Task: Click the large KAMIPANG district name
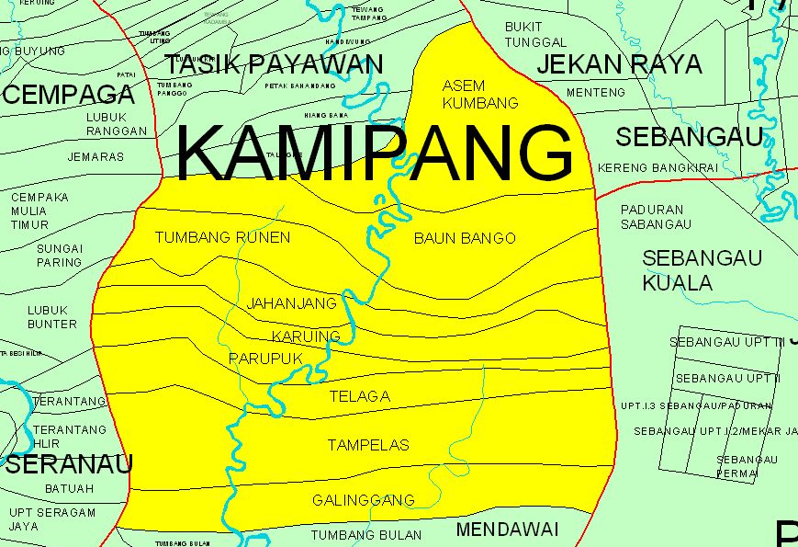tap(374, 152)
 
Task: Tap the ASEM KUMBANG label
tap(479, 94)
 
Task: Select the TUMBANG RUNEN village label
tap(222, 237)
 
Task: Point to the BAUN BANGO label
tap(465, 238)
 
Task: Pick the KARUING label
tap(306, 336)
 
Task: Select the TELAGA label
tap(359, 396)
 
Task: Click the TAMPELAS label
tap(368, 445)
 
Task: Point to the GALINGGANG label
tap(363, 500)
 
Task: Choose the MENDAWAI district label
tap(507, 530)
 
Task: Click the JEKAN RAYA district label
tap(619, 64)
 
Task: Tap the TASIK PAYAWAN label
tap(273, 64)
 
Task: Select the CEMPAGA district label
tap(69, 94)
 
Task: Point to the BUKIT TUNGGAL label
tap(536, 34)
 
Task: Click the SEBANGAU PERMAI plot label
tap(747, 466)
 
